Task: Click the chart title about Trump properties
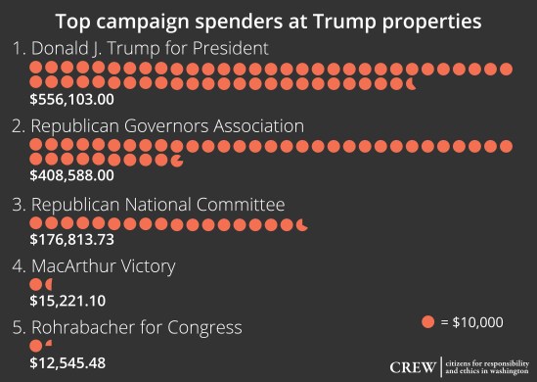click(x=268, y=21)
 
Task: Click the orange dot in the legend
click(x=427, y=321)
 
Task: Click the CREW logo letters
click(x=413, y=367)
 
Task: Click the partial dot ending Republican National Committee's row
click(x=301, y=224)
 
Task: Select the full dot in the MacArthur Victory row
click(x=36, y=285)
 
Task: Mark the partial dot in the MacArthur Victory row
click(x=50, y=285)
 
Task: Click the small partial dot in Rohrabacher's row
click(x=49, y=344)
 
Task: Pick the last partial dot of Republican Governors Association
click(x=176, y=159)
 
